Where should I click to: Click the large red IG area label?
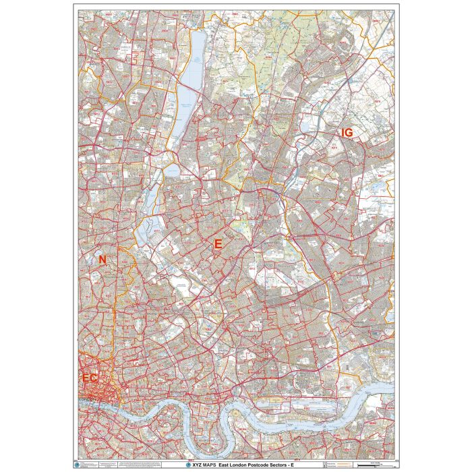click(347, 133)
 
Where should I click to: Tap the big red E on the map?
click(217, 245)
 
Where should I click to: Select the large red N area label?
click(102, 260)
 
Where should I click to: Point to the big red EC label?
click(90, 378)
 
